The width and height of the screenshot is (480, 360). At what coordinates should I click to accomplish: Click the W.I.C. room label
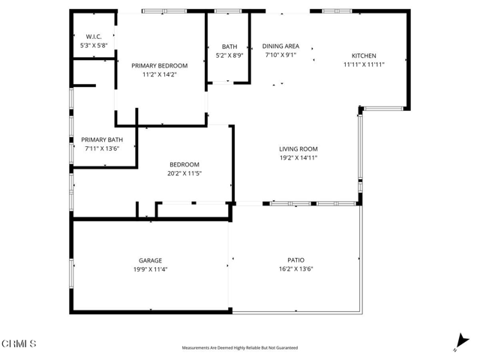[x=94, y=36]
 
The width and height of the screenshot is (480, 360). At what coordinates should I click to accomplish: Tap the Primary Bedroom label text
[x=160, y=65]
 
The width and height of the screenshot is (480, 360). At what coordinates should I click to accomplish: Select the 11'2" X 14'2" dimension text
[x=160, y=75]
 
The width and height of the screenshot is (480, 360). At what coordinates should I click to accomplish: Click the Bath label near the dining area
[x=229, y=46]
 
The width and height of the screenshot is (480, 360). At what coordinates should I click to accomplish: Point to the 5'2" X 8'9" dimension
[x=229, y=55]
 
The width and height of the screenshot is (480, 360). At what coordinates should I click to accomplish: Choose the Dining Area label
[x=281, y=46]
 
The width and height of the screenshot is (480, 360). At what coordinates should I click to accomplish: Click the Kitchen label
[x=364, y=55]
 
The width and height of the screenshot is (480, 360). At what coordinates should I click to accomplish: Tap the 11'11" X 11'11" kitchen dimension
[x=364, y=65]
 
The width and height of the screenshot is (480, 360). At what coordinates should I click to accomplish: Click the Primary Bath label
[x=102, y=139]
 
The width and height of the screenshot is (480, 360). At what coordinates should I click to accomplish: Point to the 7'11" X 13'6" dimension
[x=102, y=148]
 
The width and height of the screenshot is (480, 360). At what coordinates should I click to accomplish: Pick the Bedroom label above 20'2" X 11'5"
[x=184, y=164]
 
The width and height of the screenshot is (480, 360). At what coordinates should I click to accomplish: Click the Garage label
[x=150, y=260]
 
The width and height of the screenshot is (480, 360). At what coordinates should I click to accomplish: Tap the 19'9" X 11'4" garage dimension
[x=150, y=269]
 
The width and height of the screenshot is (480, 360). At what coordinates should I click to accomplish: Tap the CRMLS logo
[x=19, y=343]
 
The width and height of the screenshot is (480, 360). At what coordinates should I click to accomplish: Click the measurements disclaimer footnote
[x=240, y=348]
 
